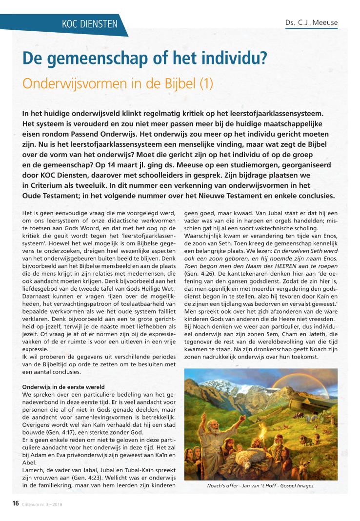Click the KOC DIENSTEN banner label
90,23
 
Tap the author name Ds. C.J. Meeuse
311,23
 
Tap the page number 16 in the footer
15,503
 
